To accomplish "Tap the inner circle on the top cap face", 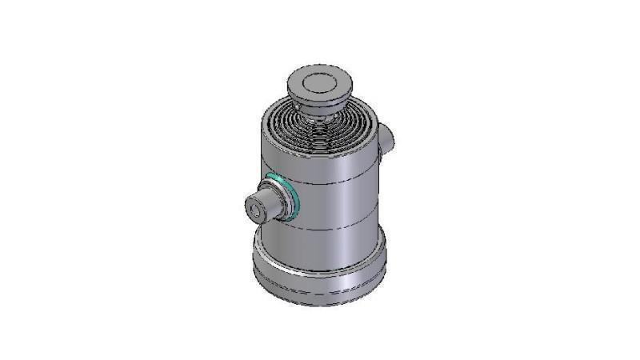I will coord(320,80).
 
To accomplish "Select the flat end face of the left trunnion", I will coord(257,207).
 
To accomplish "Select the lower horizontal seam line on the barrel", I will coord(336,230).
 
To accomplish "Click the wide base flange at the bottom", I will coord(320,272).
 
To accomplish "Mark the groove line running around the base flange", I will coord(320,280).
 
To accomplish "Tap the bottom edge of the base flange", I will coord(320,303).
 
